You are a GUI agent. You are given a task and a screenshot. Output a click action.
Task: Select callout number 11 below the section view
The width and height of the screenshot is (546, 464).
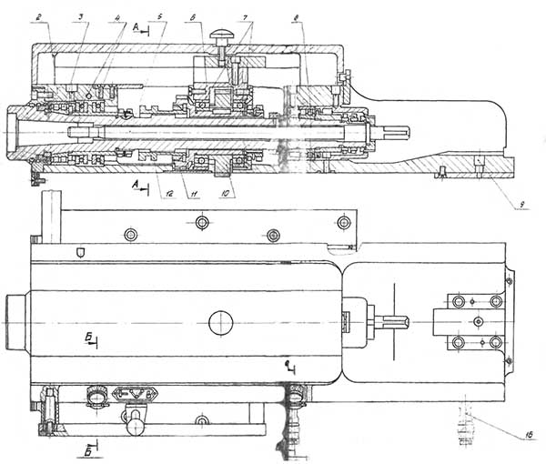pyautogui.click(x=190, y=195)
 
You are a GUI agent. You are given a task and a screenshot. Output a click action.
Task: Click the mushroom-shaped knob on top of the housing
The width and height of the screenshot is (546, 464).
pyautogui.click(x=221, y=36)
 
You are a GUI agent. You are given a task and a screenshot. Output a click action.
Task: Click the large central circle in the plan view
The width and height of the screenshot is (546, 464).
pyautogui.click(x=220, y=322)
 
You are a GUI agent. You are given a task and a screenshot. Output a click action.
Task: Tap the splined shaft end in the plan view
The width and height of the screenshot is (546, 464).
pyautogui.click(x=395, y=323)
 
